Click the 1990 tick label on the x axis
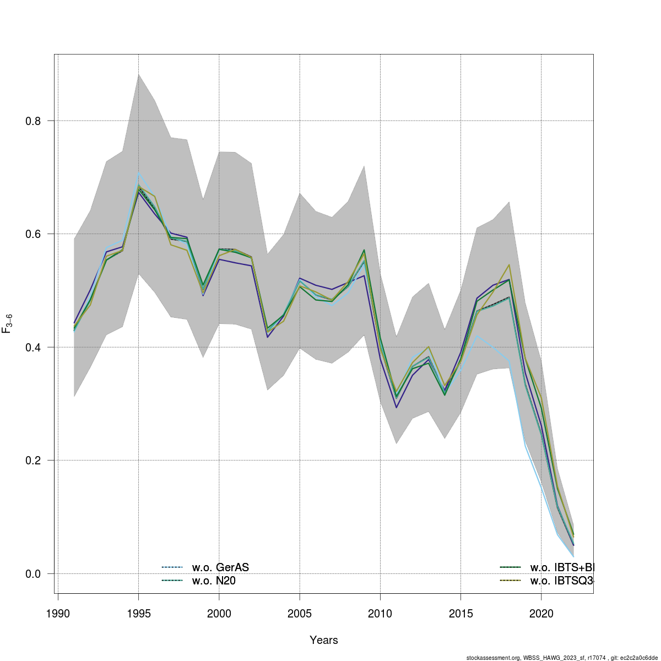[57, 614]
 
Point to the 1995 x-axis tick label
[138, 614]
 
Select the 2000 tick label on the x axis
[219, 614]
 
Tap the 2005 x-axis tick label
[300, 614]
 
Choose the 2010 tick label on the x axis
[380, 614]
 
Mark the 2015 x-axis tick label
[460, 614]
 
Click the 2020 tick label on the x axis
[541, 614]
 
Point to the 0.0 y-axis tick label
[33, 573]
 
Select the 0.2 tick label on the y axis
[33, 460]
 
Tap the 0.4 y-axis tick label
[33, 347]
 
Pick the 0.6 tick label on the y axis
[33, 234]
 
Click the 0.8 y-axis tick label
[33, 121]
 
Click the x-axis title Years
[324, 640]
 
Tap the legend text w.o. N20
[214, 581]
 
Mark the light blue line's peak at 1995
[138, 174]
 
